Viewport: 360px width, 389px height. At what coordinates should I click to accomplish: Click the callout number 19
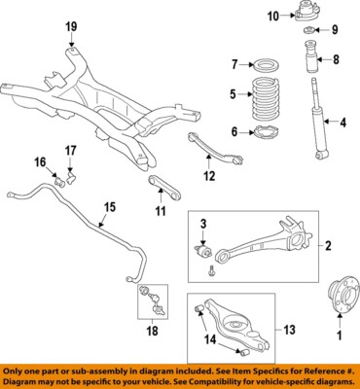click(70, 25)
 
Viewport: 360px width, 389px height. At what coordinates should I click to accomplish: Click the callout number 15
click(110, 206)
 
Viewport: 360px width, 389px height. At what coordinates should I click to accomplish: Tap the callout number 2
click(328, 245)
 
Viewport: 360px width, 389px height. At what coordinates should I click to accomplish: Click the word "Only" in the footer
click(18, 371)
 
